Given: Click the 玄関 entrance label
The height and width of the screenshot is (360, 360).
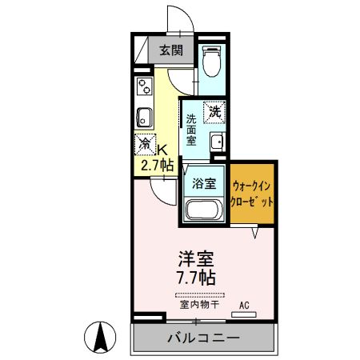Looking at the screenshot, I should [169, 51].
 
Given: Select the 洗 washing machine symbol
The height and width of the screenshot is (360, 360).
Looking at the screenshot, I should [214, 113].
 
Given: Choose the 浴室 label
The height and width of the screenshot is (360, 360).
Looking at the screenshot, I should [204, 183].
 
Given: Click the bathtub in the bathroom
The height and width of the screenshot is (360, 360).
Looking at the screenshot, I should [204, 211].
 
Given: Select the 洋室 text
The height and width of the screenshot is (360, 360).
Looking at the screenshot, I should [196, 260].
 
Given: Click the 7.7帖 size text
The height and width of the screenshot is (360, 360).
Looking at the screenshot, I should [196, 278].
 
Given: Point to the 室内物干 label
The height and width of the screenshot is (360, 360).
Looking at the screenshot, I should [196, 305].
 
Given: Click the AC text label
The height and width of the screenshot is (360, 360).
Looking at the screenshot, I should [246, 305].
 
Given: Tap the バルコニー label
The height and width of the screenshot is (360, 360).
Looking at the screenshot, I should [203, 338].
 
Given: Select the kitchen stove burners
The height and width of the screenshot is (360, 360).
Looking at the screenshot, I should [143, 85].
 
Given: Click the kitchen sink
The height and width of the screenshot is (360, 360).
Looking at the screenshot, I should [144, 116].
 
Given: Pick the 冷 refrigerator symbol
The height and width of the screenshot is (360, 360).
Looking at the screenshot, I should [145, 145].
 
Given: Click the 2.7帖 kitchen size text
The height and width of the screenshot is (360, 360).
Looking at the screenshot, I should [157, 166].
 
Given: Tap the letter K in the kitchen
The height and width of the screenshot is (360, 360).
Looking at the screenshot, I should [162, 150].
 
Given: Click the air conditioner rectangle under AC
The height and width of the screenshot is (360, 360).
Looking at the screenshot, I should [245, 314].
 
